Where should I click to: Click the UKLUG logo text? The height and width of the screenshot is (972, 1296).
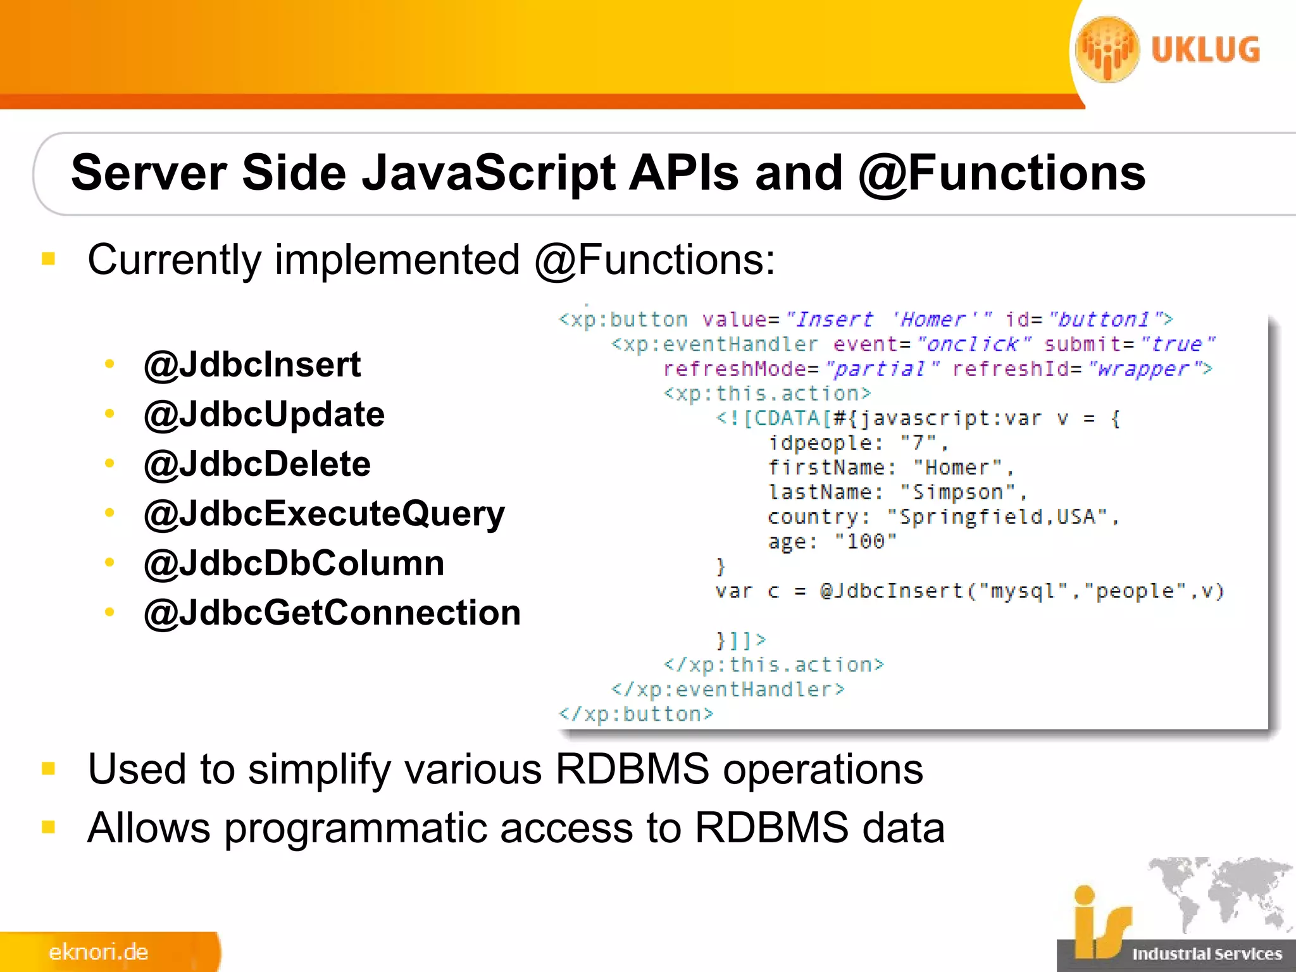pos(1206,50)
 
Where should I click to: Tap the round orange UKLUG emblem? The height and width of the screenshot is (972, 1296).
pos(1107,49)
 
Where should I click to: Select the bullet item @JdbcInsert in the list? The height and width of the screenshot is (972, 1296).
pos(252,364)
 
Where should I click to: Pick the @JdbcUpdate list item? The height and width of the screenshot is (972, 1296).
pos(265,414)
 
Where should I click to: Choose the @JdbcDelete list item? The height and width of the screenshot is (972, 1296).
pos(258,464)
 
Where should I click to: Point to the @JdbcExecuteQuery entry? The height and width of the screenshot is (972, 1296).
pos(325,513)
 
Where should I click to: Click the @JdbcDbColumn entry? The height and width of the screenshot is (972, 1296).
pos(294,563)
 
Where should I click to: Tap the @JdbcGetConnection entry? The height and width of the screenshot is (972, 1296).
pos(333,613)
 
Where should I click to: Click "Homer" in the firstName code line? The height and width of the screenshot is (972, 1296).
pos(957,468)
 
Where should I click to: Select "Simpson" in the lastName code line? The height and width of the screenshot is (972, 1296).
pos(957,492)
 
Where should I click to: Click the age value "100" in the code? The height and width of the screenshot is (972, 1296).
pos(865,542)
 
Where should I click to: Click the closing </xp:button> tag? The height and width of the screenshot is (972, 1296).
pos(636,714)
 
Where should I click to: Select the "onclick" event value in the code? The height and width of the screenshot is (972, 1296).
pos(973,344)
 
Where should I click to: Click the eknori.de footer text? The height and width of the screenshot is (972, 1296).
pos(99,952)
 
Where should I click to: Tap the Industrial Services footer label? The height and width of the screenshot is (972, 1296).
pos(1207,954)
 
